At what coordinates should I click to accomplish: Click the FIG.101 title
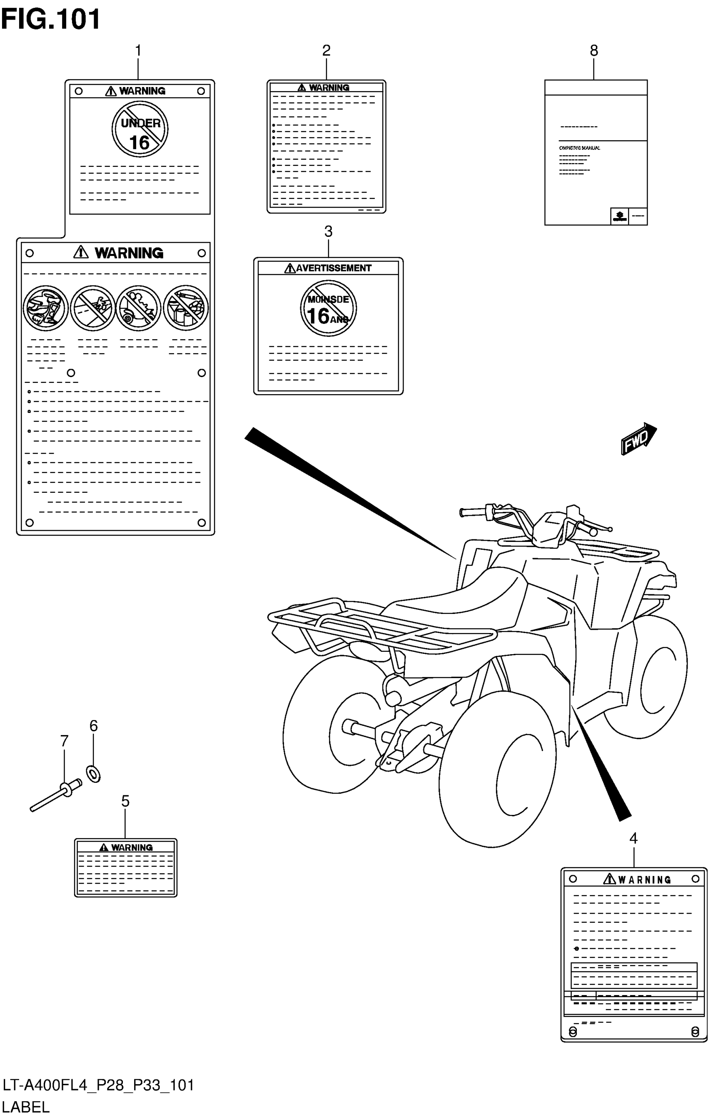[x=50, y=20]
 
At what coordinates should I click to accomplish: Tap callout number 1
[x=138, y=50]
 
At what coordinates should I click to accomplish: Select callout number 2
[x=326, y=50]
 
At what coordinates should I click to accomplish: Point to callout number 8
[x=594, y=50]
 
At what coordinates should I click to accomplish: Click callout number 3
[x=328, y=231]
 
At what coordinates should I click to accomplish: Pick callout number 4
[x=633, y=838]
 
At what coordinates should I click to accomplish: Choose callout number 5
[x=125, y=801]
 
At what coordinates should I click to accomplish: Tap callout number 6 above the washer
[x=94, y=725]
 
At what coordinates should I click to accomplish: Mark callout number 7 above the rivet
[x=64, y=740]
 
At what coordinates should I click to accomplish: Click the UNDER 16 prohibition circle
[x=140, y=129]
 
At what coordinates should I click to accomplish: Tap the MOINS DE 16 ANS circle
[x=328, y=308]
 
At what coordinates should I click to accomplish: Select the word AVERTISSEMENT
[x=333, y=268]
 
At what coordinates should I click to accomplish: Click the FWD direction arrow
[x=638, y=439]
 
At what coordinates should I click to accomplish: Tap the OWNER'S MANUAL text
[x=580, y=148]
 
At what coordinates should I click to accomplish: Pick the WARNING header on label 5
[x=127, y=847]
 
